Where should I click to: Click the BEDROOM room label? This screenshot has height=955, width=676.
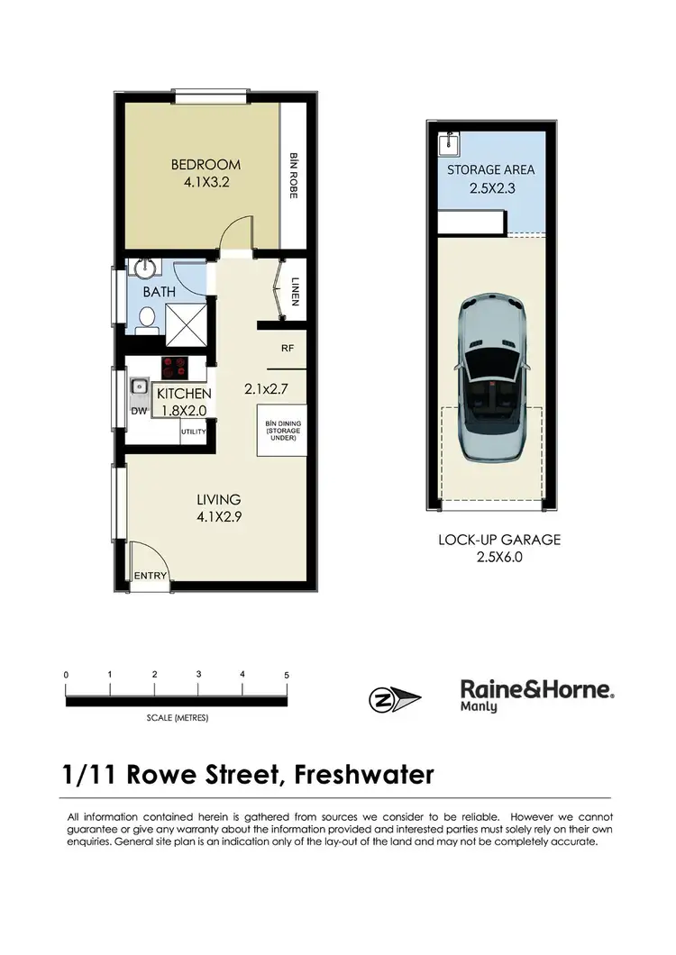(206, 165)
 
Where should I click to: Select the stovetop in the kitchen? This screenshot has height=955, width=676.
(173, 368)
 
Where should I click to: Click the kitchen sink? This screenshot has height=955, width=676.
(139, 387)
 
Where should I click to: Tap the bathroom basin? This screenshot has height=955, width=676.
(142, 268)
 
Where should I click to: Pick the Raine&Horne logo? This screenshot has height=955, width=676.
(538, 694)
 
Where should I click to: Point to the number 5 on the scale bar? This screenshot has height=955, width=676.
(286, 675)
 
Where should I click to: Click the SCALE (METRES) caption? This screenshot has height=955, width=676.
(177, 718)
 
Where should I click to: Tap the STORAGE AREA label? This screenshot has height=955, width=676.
(491, 169)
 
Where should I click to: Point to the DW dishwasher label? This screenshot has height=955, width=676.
(138, 411)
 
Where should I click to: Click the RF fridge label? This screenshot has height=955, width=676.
(288, 347)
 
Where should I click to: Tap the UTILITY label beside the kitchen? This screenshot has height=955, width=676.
(194, 432)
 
